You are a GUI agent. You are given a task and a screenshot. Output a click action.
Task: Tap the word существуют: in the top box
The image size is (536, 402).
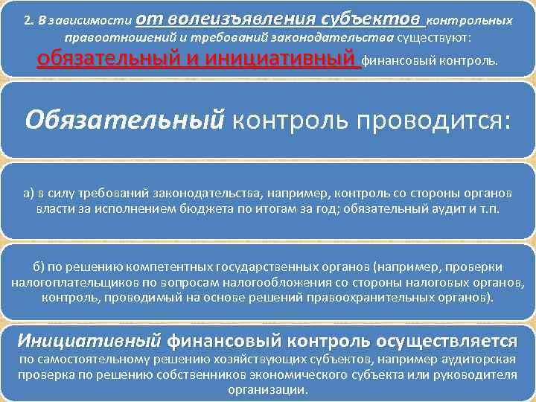(x=439, y=37)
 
